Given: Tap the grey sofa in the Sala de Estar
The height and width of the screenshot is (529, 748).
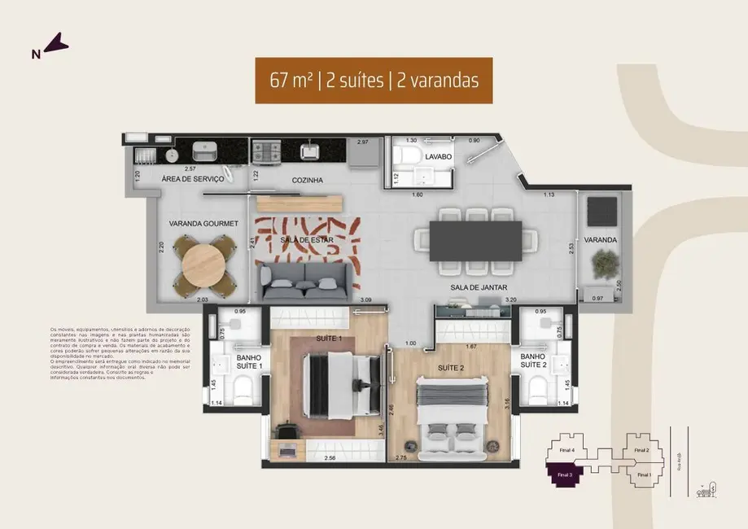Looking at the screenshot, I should [307, 279].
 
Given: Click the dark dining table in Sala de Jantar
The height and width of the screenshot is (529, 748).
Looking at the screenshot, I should [475, 241].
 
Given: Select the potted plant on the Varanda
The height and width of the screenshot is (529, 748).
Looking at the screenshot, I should [604, 262].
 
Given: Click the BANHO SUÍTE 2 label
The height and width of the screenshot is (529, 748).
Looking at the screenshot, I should [532, 361].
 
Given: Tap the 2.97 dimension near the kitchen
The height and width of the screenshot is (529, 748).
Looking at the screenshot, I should [363, 142].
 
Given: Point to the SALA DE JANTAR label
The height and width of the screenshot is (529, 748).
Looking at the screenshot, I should [475, 288].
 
